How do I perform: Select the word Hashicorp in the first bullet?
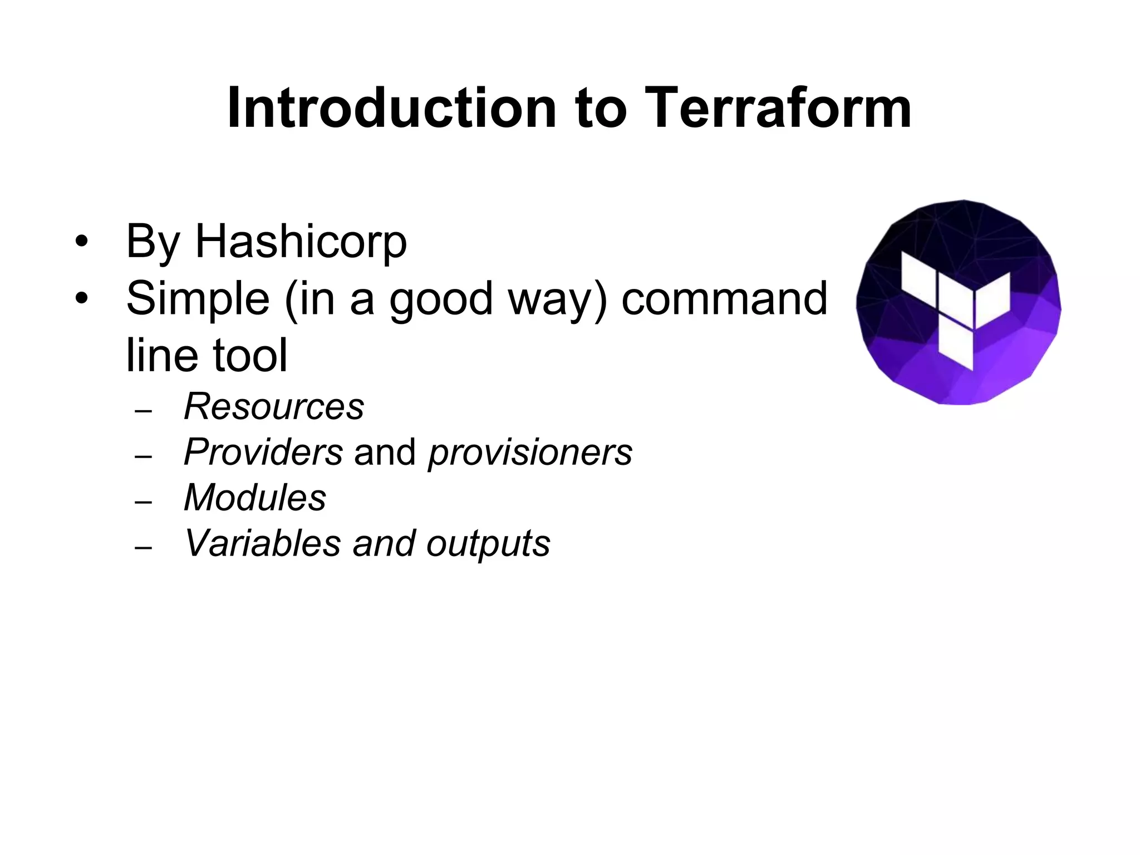[x=301, y=242]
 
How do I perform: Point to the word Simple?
[x=198, y=299]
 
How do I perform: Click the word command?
[x=724, y=299]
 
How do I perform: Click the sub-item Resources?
[x=274, y=406]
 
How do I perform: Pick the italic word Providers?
[x=263, y=452]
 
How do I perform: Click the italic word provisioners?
[x=530, y=452]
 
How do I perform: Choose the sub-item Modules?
[x=255, y=497]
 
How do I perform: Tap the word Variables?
[x=262, y=543]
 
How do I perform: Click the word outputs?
[x=488, y=544]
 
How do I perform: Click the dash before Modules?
[x=143, y=502]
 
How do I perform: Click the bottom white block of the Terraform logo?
[x=956, y=344]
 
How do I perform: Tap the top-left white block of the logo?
[x=918, y=276]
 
